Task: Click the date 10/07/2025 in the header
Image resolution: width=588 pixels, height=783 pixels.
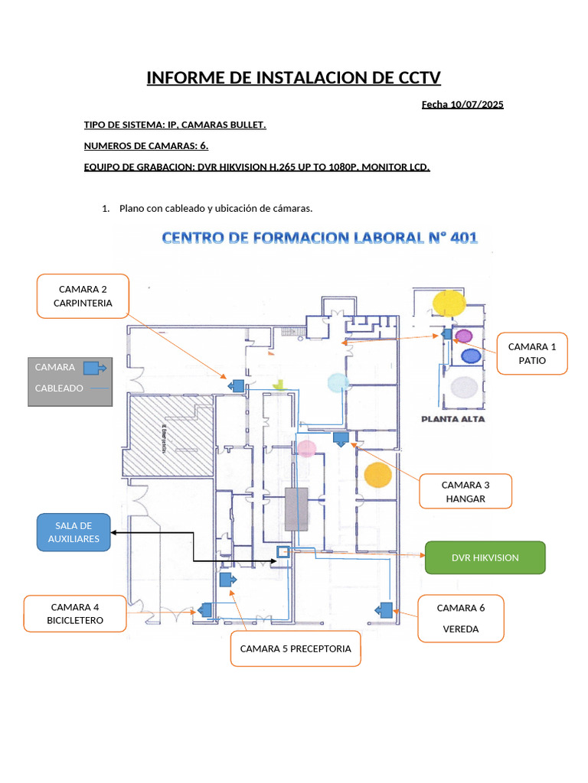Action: [476, 105]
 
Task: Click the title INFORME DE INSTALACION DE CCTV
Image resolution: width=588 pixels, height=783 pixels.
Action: [294, 78]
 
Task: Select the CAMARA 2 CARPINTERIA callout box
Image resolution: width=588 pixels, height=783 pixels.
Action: [83, 296]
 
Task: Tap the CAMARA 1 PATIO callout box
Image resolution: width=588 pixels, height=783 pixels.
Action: [531, 353]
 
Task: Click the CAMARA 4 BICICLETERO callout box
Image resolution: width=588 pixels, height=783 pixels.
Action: [74, 613]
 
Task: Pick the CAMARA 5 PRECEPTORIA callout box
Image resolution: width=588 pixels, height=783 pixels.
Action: [296, 648]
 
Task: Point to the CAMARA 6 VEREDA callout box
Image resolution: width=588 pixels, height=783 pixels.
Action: [460, 618]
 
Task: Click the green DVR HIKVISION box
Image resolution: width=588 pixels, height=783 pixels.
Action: [485, 557]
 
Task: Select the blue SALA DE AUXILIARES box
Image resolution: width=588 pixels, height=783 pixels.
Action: [73, 533]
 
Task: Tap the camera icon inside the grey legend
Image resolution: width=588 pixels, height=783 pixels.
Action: [95, 368]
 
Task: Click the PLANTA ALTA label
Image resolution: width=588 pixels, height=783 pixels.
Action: [452, 419]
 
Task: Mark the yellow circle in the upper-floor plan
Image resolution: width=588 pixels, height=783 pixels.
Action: [448, 303]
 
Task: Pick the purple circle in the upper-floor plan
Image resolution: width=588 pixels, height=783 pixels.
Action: [463, 336]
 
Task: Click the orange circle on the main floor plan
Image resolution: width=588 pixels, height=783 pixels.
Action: [377, 475]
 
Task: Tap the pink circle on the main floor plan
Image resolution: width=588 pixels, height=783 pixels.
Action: [306, 448]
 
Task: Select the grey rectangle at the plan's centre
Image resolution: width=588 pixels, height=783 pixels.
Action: [296, 508]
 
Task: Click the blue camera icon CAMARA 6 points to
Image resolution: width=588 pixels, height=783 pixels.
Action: [384, 609]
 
